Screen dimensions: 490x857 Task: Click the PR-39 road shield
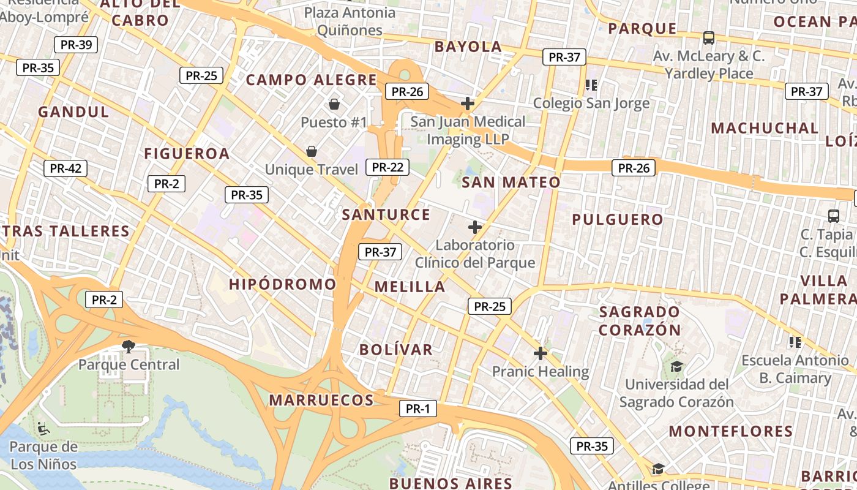click(x=76, y=45)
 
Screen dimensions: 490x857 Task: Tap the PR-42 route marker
click(x=65, y=168)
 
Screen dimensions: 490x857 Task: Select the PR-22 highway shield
click(x=387, y=167)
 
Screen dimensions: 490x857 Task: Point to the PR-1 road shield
click(x=418, y=409)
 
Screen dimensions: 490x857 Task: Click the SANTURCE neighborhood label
click(x=386, y=214)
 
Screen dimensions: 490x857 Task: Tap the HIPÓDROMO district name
click(x=283, y=284)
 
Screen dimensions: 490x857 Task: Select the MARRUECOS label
click(x=321, y=400)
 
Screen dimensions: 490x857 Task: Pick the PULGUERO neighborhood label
click(x=618, y=219)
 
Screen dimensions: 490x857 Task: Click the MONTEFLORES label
click(x=730, y=431)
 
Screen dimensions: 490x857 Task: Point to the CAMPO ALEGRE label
click(x=312, y=80)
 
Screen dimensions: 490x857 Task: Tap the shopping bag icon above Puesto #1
click(x=334, y=105)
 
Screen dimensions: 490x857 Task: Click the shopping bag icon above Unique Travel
click(x=312, y=151)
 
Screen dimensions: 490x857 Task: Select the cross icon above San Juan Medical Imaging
click(x=468, y=104)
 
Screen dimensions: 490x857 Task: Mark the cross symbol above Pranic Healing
click(x=540, y=353)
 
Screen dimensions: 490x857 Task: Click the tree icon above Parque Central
click(x=129, y=347)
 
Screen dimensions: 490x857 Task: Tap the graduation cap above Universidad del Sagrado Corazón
click(x=676, y=367)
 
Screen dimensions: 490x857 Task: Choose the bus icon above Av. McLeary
click(x=709, y=38)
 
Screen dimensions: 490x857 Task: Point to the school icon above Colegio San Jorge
click(x=591, y=85)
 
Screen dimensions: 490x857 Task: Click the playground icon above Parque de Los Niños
click(x=43, y=428)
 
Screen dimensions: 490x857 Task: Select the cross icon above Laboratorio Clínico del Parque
click(x=475, y=228)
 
